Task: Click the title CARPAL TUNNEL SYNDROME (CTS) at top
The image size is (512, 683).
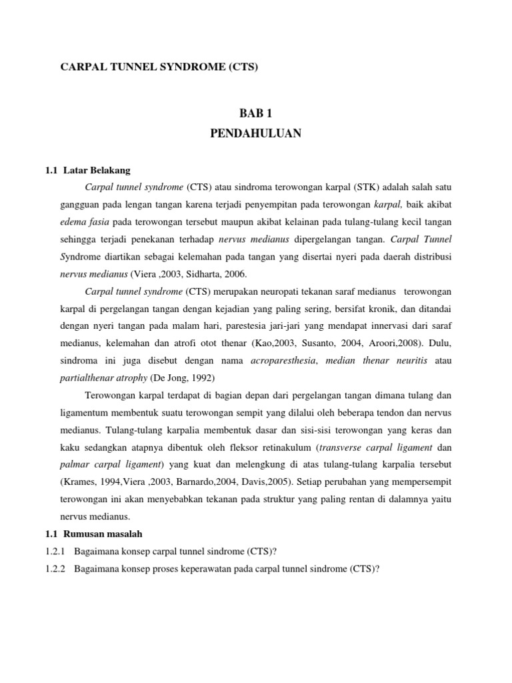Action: [x=159, y=67]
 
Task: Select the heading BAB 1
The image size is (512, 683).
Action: [x=256, y=114]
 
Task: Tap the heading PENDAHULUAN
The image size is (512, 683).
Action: [x=256, y=133]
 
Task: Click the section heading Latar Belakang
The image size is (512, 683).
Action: [x=100, y=170]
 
